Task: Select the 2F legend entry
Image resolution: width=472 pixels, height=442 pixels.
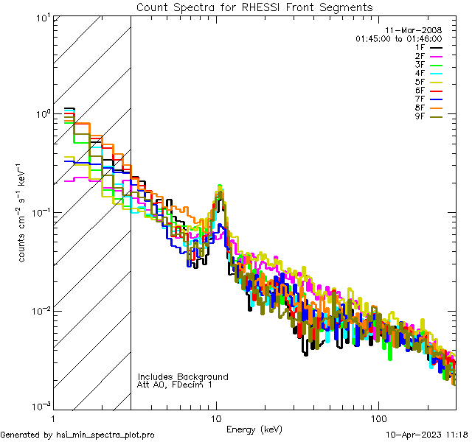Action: [420, 56]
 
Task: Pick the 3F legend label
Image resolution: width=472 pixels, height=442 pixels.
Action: [420, 65]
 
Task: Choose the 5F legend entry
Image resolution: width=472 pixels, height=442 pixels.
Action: [420, 82]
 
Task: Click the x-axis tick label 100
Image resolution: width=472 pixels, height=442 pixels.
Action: [378, 418]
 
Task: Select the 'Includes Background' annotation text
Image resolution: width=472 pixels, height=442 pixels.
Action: [183, 376]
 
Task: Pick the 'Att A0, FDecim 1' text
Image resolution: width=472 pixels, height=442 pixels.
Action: [175, 385]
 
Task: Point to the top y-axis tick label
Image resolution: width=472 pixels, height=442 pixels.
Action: [41, 17]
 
